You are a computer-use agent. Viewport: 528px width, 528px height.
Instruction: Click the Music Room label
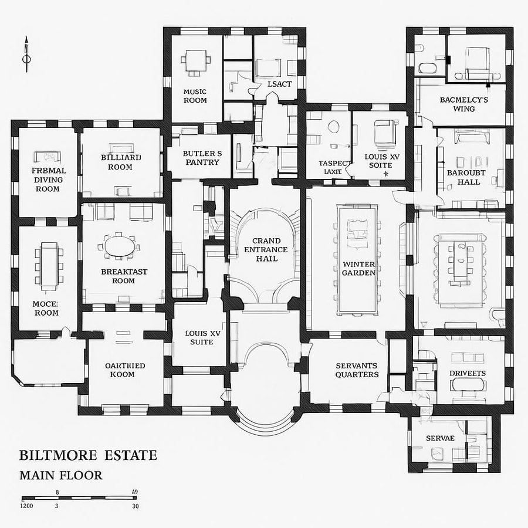point(195,96)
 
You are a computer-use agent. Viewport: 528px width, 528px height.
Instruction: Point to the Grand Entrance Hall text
point(266,249)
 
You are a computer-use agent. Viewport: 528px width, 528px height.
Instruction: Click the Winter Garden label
point(358,268)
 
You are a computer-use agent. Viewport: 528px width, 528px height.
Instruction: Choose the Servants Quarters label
point(357,370)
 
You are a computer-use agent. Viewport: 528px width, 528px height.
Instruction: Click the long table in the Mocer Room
point(49,266)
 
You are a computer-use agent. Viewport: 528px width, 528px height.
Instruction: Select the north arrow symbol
point(26,56)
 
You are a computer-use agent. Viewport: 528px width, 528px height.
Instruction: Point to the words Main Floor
point(60,475)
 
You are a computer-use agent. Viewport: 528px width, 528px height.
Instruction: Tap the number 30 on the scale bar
point(136,506)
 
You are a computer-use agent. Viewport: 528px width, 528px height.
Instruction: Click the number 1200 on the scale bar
point(27,506)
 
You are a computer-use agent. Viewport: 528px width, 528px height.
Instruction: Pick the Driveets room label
point(467,373)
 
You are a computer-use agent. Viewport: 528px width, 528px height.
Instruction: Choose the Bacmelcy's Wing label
point(464,104)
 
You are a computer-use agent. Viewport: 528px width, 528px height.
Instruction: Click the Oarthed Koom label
point(124,370)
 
